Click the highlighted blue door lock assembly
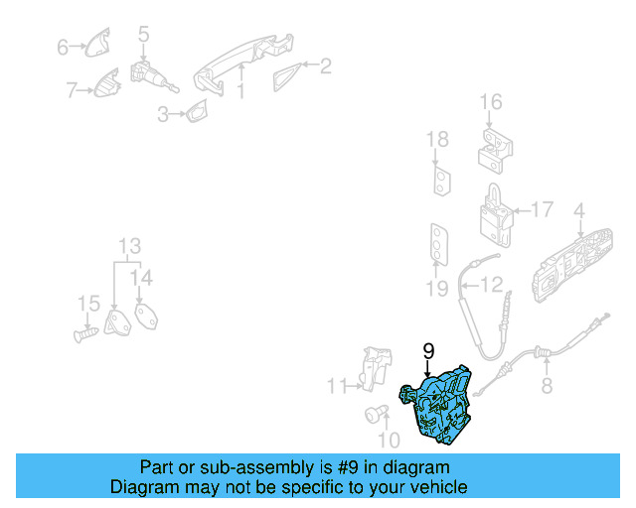(x=438, y=405)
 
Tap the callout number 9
(x=428, y=351)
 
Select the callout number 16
(x=491, y=102)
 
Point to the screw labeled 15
(x=86, y=334)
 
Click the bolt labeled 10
(x=377, y=415)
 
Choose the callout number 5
(x=143, y=34)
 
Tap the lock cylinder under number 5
(x=151, y=77)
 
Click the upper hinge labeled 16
(x=495, y=151)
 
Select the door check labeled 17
(x=496, y=215)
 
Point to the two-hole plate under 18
(x=441, y=181)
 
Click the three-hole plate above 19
(x=439, y=244)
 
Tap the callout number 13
(x=130, y=245)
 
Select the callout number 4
(x=579, y=211)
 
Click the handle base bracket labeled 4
(x=572, y=264)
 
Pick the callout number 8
(x=547, y=385)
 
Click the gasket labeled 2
(x=287, y=77)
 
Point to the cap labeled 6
(x=97, y=43)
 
